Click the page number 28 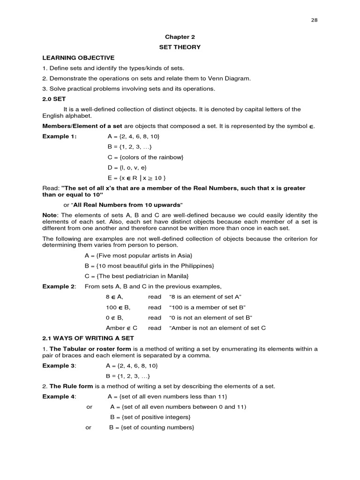pos(314,20)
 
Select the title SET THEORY pos(180,47)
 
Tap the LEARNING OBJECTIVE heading pos(78,58)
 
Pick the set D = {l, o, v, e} pos(127,167)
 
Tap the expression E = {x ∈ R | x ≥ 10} pos(136,178)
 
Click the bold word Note pos(50,215)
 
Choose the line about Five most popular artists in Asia pos(138,255)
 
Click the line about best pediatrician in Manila pos(136,276)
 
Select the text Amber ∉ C pos(121,328)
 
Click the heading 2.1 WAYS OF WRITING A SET pos(88,338)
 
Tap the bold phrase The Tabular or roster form pos(91,348)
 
